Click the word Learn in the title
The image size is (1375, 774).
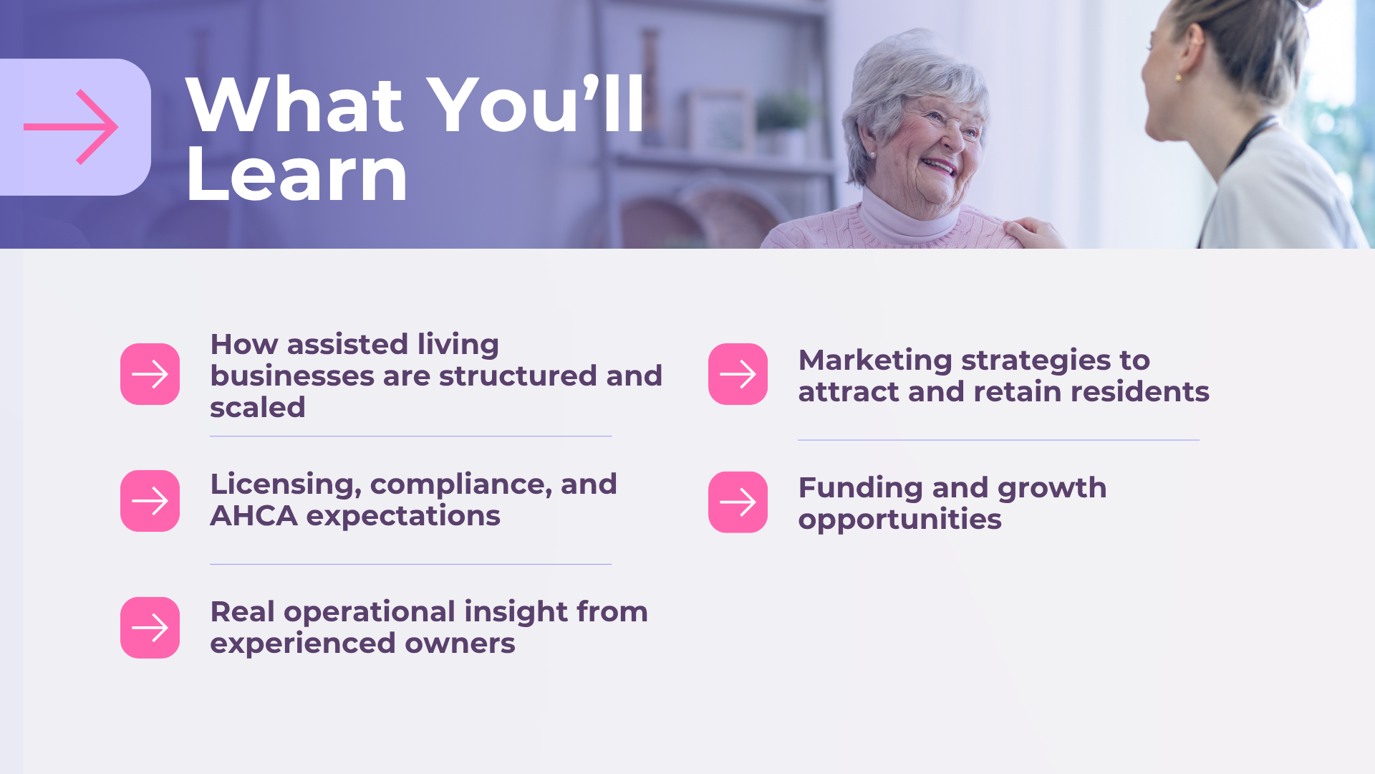pos(296,174)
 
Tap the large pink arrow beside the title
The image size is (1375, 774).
pos(71,127)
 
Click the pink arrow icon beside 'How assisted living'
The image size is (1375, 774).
pos(150,374)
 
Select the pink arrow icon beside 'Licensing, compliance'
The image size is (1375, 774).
pos(150,501)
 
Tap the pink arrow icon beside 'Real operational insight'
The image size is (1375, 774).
pos(150,628)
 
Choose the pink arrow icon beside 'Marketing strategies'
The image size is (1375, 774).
pos(738,374)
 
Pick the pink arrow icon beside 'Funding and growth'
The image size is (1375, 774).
pos(738,502)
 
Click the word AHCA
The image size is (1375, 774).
pos(254,516)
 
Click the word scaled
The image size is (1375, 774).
pos(258,408)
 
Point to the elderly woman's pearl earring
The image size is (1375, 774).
pos(873,155)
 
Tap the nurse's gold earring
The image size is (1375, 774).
pos(1178,76)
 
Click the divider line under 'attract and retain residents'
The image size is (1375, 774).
pos(998,440)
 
